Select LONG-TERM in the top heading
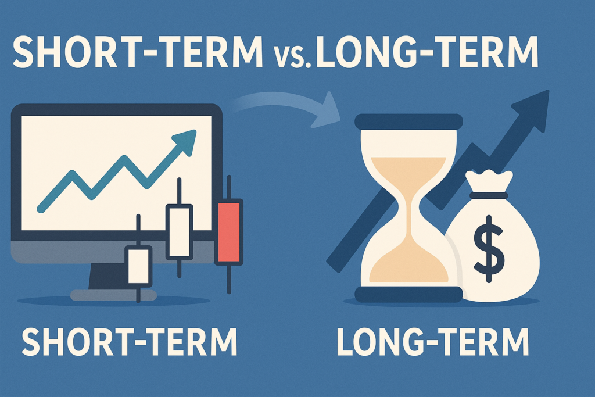pos(427,52)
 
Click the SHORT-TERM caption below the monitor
pos(130,341)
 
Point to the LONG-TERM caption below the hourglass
pos(432,341)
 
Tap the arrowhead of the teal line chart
pos(185,142)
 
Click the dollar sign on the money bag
pos(489,249)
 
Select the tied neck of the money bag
pos(488,195)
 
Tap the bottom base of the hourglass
pos(408,295)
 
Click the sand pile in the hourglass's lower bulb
pos(408,266)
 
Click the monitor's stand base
pos(113,295)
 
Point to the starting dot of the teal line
pos(40,209)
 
